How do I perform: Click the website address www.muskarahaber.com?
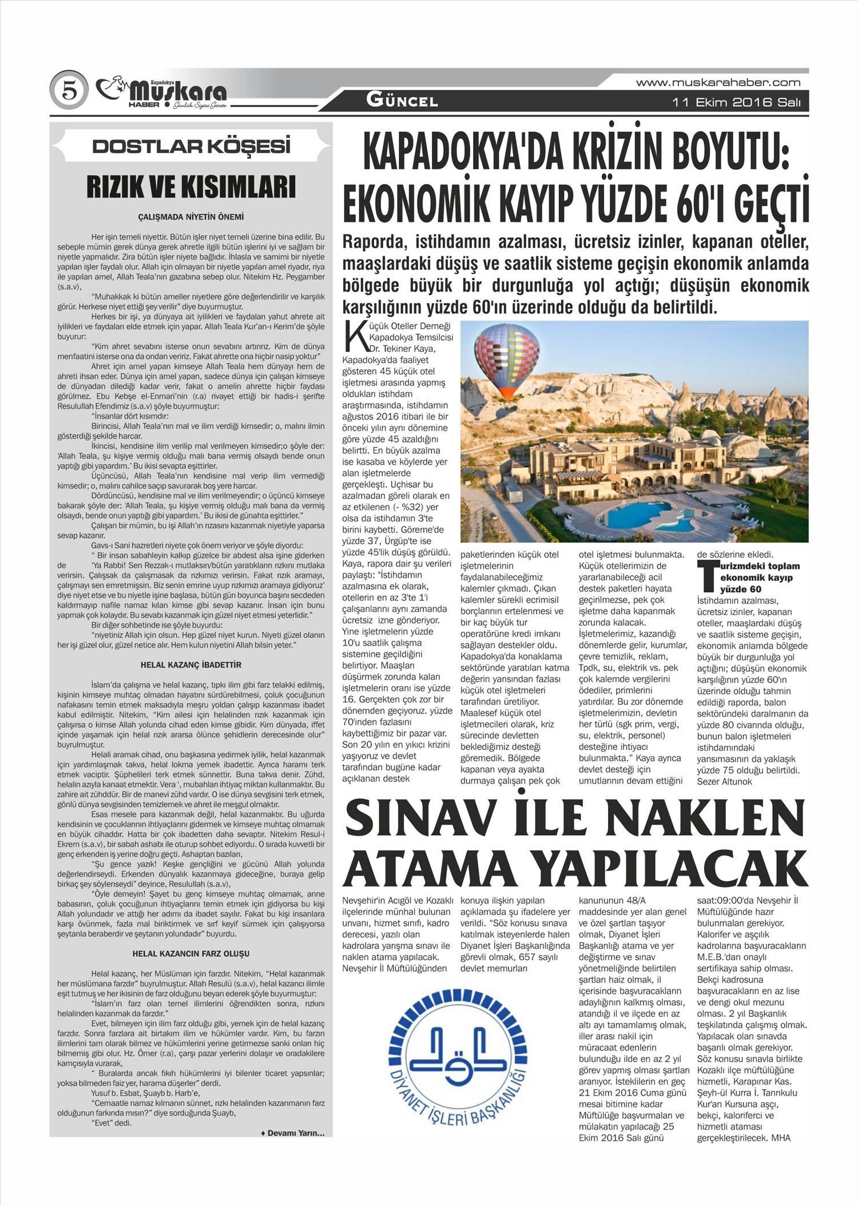click(718, 82)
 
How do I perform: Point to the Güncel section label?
click(402, 101)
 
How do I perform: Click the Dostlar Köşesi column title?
click(191, 146)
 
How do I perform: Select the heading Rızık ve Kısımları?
click(191, 187)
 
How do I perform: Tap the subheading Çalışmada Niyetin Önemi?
click(191, 217)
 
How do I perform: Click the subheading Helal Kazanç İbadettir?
click(191, 665)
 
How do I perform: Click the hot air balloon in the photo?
click(507, 358)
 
